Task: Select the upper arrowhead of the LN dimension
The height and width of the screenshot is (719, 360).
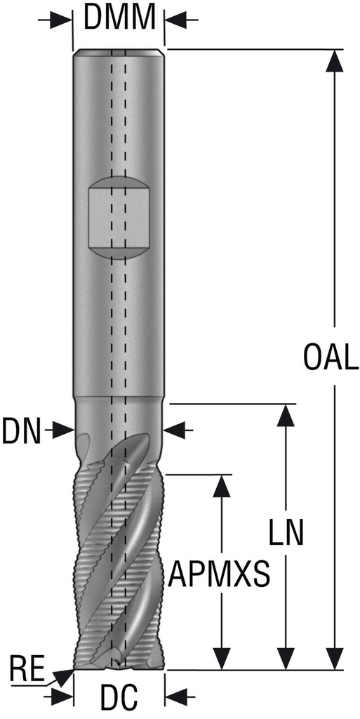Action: pos(285,416)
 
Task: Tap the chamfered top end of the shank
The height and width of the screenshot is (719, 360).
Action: pos(119,53)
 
